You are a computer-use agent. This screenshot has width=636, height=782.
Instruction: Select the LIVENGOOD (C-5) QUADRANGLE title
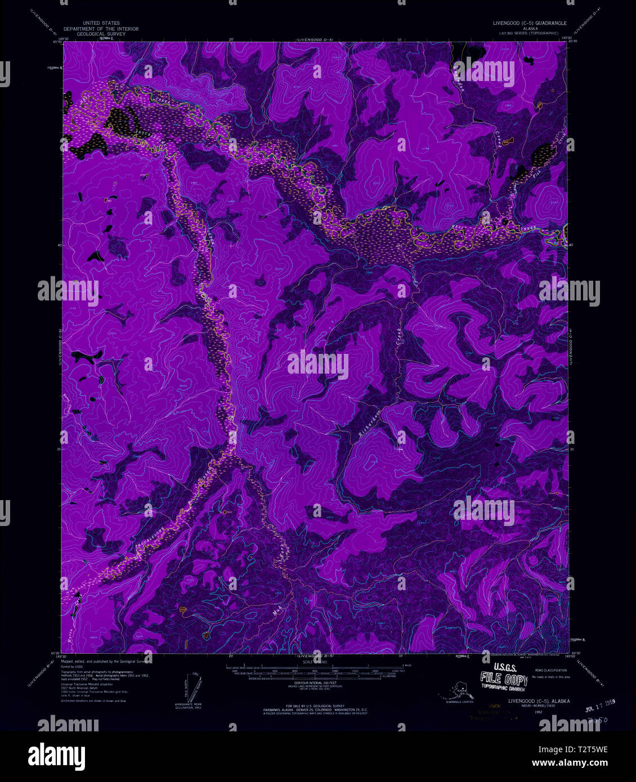[x=528, y=24]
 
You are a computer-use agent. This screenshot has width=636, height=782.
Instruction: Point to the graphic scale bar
[x=315, y=671]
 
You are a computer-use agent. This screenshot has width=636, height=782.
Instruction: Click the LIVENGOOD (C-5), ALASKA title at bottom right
[x=539, y=701]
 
